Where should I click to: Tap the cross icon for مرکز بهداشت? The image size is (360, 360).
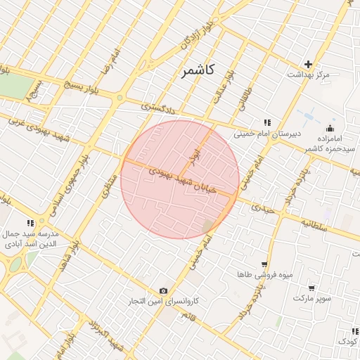point(308,64)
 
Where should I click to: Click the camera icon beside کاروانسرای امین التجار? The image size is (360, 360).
point(164,291)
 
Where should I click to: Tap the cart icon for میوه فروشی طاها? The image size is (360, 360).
point(264,265)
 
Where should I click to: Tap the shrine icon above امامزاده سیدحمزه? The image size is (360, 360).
point(330,128)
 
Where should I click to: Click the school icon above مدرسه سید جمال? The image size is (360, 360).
point(30,224)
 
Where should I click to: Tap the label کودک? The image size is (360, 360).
point(348,341)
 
